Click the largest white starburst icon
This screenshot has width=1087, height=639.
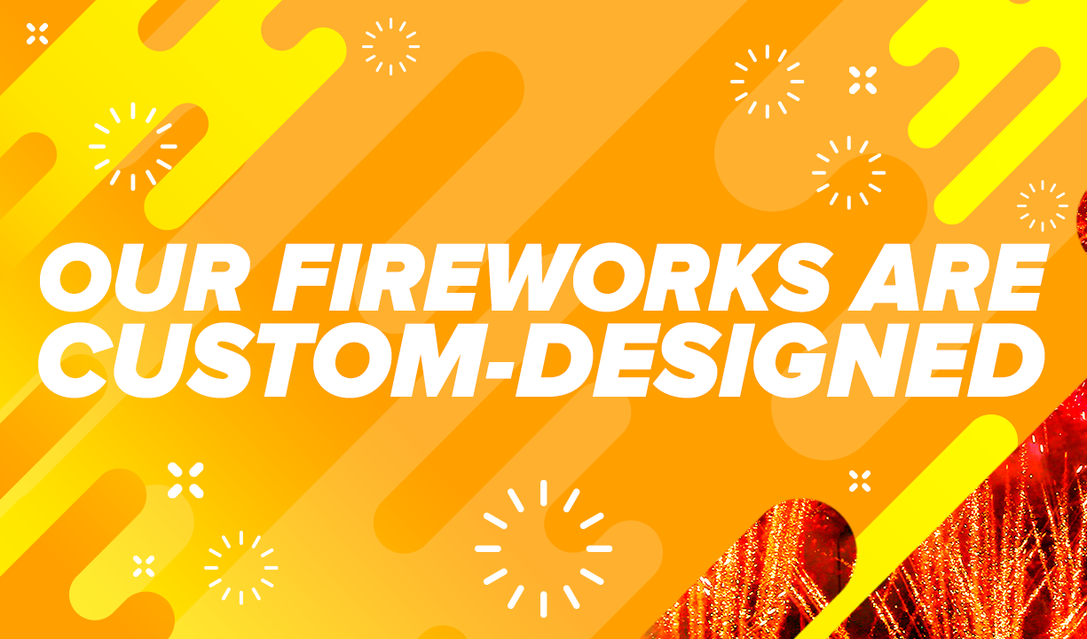tap(543, 548)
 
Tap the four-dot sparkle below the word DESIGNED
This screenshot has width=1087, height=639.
tap(859, 481)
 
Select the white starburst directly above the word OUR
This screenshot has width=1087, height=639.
tap(133, 146)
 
